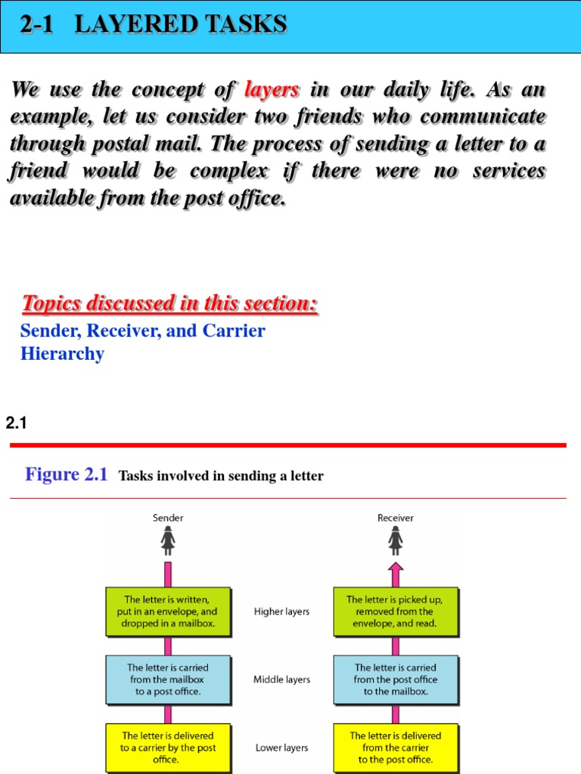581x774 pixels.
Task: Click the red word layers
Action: tap(272, 91)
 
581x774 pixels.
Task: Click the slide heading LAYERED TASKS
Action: tap(182, 25)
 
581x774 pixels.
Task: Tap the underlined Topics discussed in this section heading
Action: tap(170, 304)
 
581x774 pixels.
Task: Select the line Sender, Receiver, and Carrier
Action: tap(143, 330)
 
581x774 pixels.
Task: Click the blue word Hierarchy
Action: tap(62, 353)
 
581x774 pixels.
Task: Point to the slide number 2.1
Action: tap(16, 424)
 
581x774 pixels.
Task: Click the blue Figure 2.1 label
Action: tap(67, 475)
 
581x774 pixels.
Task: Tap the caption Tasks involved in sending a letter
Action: tap(221, 476)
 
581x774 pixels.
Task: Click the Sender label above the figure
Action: tap(168, 518)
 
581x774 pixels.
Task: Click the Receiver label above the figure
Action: tap(396, 518)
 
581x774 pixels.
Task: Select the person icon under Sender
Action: tap(168, 540)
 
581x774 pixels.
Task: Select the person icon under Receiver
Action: tap(396, 540)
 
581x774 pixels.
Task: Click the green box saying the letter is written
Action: tap(167, 611)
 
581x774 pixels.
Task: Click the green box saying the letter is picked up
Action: tap(396, 611)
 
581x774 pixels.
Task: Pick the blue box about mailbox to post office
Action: tap(167, 680)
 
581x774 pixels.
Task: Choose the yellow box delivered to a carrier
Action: tap(167, 747)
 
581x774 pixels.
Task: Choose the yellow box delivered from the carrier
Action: tap(396, 747)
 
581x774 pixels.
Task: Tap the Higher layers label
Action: tap(281, 611)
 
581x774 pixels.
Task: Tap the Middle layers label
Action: tap(281, 680)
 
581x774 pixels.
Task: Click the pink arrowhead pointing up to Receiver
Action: tap(396, 568)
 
